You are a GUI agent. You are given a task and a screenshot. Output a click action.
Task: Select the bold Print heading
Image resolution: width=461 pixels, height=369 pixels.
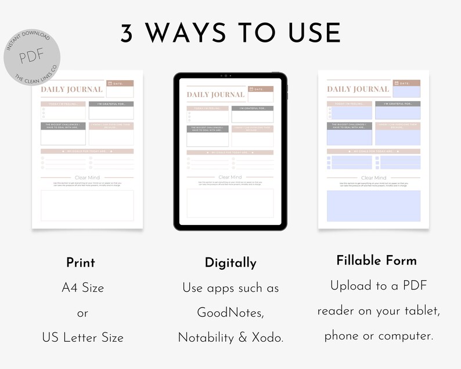click(81, 262)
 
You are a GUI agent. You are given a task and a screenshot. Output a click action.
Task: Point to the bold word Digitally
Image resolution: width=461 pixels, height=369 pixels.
click(230, 263)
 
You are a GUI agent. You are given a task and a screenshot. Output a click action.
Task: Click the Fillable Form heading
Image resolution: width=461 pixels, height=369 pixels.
click(376, 260)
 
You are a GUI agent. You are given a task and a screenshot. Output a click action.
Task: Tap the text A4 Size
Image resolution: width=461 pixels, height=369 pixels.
click(82, 287)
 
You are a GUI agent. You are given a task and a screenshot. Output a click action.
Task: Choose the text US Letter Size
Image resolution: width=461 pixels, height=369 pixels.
click(82, 337)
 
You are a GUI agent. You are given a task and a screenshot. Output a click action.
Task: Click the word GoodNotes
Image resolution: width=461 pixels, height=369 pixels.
click(230, 313)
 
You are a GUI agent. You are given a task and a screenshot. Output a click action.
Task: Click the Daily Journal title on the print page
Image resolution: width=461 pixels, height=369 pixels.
click(71, 89)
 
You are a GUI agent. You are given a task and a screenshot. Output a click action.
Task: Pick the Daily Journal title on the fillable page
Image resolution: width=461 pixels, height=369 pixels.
click(358, 89)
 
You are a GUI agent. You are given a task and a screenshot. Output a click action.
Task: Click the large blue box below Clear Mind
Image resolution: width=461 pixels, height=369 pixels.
click(373, 205)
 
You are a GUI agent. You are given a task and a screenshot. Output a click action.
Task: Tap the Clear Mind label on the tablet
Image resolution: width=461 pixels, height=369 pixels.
click(230, 177)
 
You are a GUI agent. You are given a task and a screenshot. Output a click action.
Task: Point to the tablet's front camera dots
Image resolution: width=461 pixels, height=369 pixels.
click(230, 76)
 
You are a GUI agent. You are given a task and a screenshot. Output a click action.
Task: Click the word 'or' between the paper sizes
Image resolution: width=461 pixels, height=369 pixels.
click(82, 313)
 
